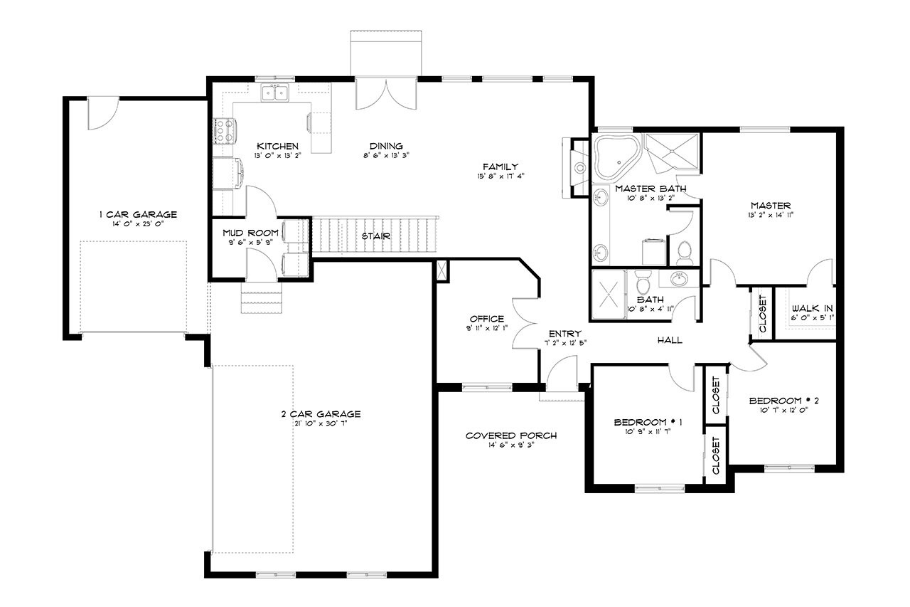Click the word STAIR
[x=375, y=236]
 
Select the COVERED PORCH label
[x=510, y=436]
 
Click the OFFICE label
[x=487, y=318]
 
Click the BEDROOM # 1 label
[x=648, y=422]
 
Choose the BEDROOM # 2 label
[x=784, y=401]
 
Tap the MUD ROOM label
[x=244, y=232]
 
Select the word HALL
[x=670, y=340]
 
